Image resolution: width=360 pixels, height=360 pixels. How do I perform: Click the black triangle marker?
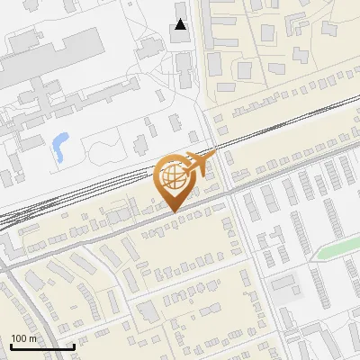pyautogui.click(x=181, y=24)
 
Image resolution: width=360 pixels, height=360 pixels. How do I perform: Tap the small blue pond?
pyautogui.click(x=59, y=143)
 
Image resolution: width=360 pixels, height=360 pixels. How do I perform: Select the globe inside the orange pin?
pyautogui.click(x=173, y=176)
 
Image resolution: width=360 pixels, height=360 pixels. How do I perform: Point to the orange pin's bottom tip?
pyautogui.click(x=173, y=211)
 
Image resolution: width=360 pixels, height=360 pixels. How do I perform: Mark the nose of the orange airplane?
pyautogui.click(x=213, y=157)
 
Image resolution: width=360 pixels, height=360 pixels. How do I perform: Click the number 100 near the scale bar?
pyautogui.click(x=20, y=338)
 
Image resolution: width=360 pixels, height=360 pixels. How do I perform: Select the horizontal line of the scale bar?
pyautogui.click(x=41, y=346)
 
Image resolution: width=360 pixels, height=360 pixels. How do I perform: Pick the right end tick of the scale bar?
pyautogui.click(x=74, y=345)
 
